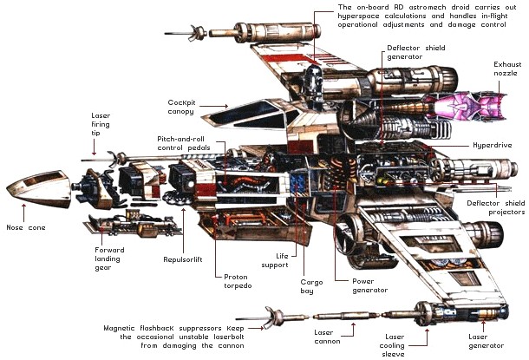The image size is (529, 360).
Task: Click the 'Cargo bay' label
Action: (x=312, y=287)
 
